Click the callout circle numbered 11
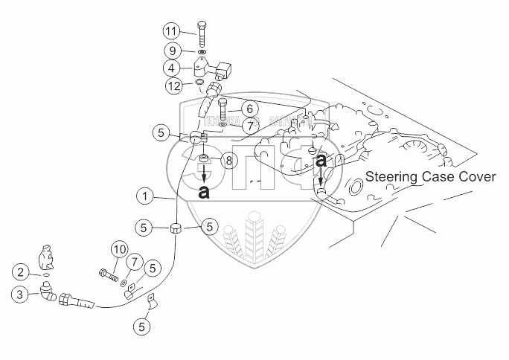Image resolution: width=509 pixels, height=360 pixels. [172, 31]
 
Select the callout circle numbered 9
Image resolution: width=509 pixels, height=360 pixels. [172, 51]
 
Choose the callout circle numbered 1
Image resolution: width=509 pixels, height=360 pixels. [147, 197]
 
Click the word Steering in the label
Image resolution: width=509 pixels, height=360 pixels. [392, 177]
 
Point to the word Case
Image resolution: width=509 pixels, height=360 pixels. [441, 177]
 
